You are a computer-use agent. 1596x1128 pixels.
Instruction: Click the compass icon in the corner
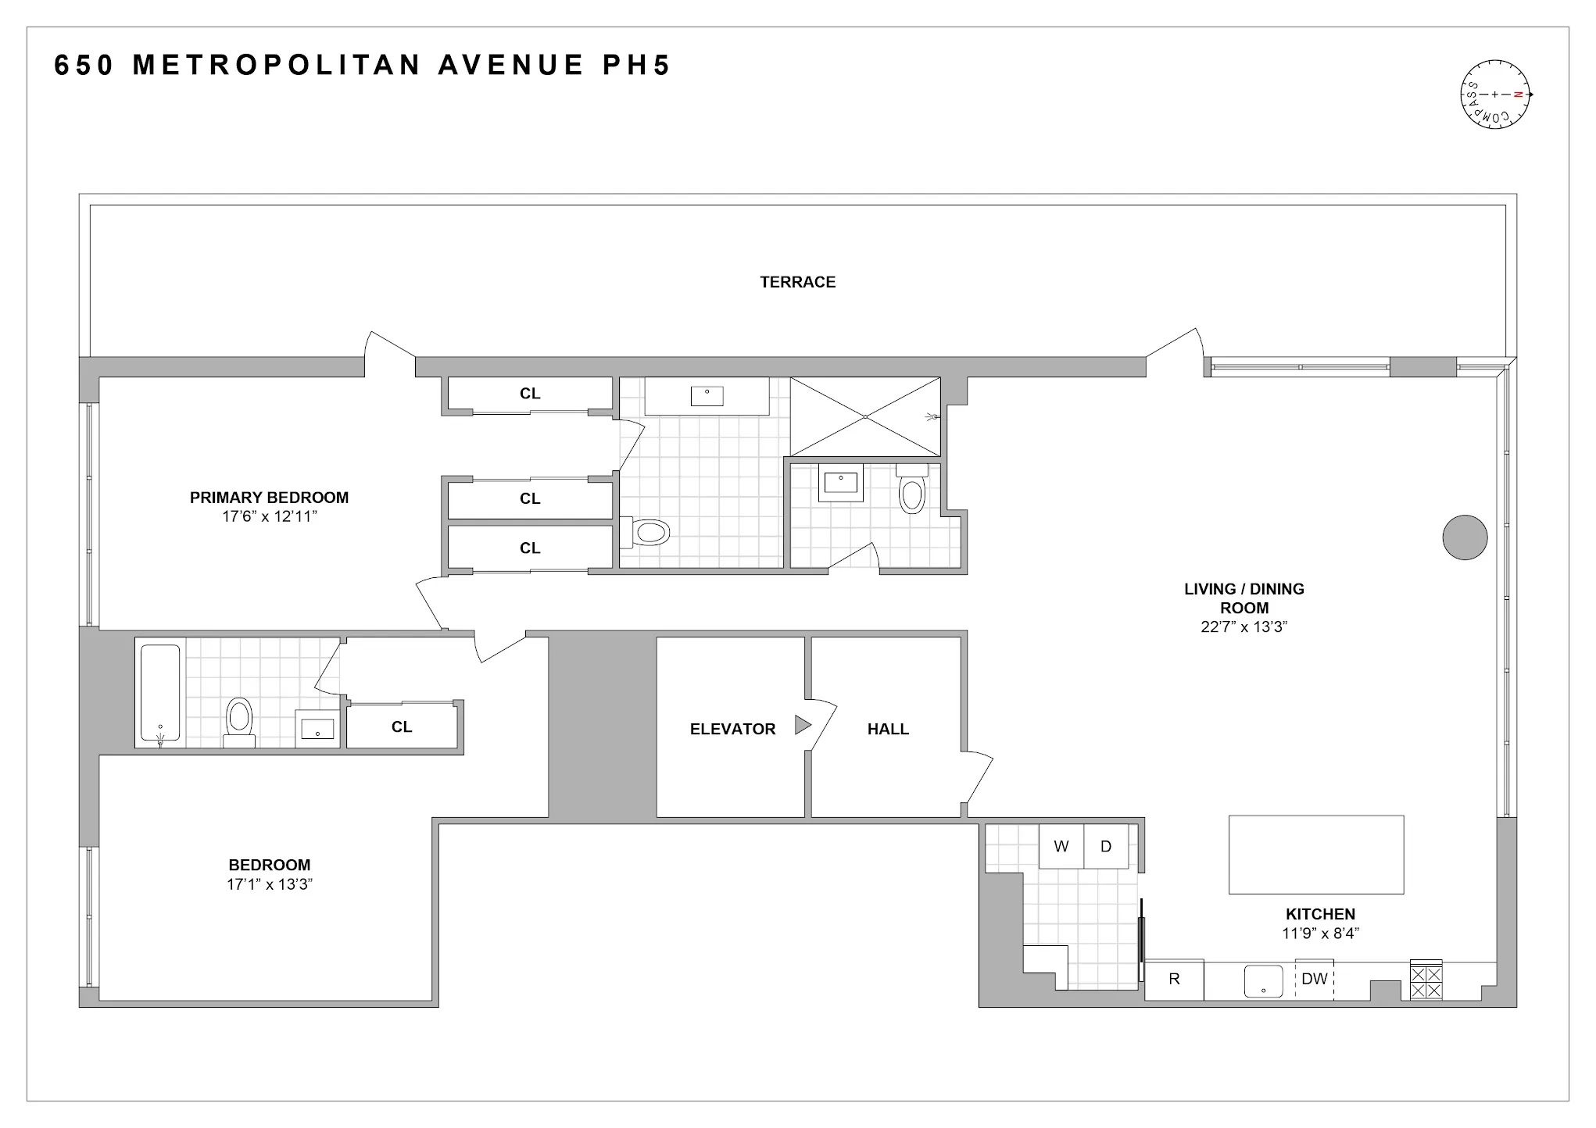click(1494, 94)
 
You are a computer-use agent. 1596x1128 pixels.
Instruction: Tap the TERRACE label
click(797, 282)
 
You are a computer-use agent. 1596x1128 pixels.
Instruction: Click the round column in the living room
click(1464, 537)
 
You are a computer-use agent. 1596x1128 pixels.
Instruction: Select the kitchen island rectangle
click(1316, 855)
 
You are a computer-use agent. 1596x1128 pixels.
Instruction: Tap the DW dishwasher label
click(1315, 979)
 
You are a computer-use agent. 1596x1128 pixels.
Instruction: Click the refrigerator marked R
click(1174, 980)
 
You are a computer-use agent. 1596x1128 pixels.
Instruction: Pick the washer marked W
click(1061, 847)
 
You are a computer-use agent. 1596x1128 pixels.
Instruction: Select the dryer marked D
click(1106, 847)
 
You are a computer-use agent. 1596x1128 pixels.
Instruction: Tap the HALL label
click(888, 729)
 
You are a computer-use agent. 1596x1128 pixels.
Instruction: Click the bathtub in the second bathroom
click(160, 692)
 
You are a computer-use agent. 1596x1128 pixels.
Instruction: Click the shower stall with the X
click(865, 416)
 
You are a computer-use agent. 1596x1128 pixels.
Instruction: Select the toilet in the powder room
click(911, 490)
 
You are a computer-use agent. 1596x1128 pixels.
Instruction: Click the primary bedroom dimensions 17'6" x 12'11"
click(269, 516)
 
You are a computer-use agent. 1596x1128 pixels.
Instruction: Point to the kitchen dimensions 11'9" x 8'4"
click(1320, 933)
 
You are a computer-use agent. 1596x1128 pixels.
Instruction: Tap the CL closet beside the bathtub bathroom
click(402, 727)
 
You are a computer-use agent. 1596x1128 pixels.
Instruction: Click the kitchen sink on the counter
click(1264, 981)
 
